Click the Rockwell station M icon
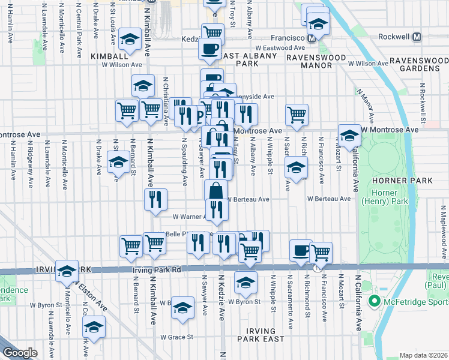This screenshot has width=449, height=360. pos(417,37)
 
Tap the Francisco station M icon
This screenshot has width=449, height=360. pos(312,37)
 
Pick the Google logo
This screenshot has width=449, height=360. pos(20,353)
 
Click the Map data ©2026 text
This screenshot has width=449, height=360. pos(423,355)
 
